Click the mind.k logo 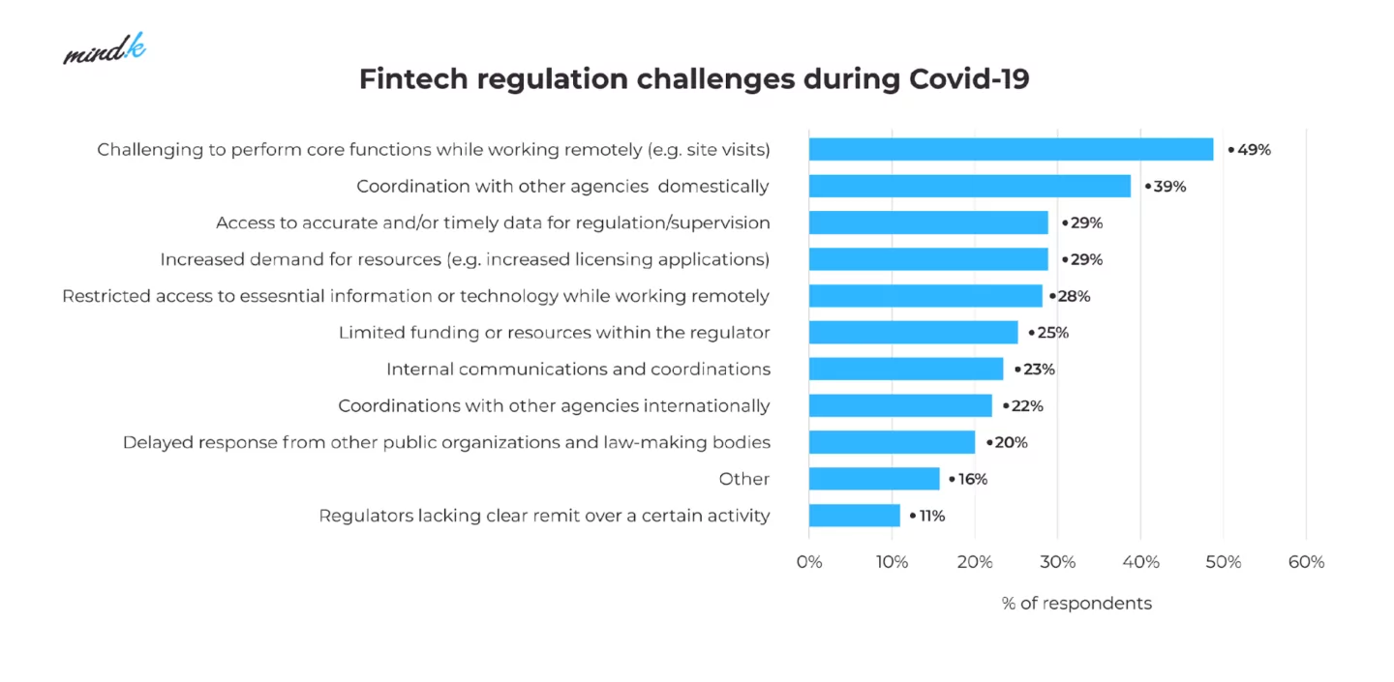coord(105,49)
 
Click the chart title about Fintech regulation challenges coord(694,79)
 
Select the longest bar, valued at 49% coord(1011,149)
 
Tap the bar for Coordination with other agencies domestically coord(969,186)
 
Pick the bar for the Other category coord(874,479)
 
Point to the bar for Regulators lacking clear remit coord(854,516)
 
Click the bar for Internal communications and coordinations coord(906,369)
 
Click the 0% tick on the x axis coord(809,562)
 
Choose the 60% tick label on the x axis coord(1306,562)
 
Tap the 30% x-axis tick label coord(1057,562)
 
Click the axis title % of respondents coord(1076,604)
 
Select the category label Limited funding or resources coord(554,333)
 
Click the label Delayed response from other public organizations coord(446,442)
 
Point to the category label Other coord(743,479)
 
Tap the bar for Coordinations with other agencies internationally coord(900,405)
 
